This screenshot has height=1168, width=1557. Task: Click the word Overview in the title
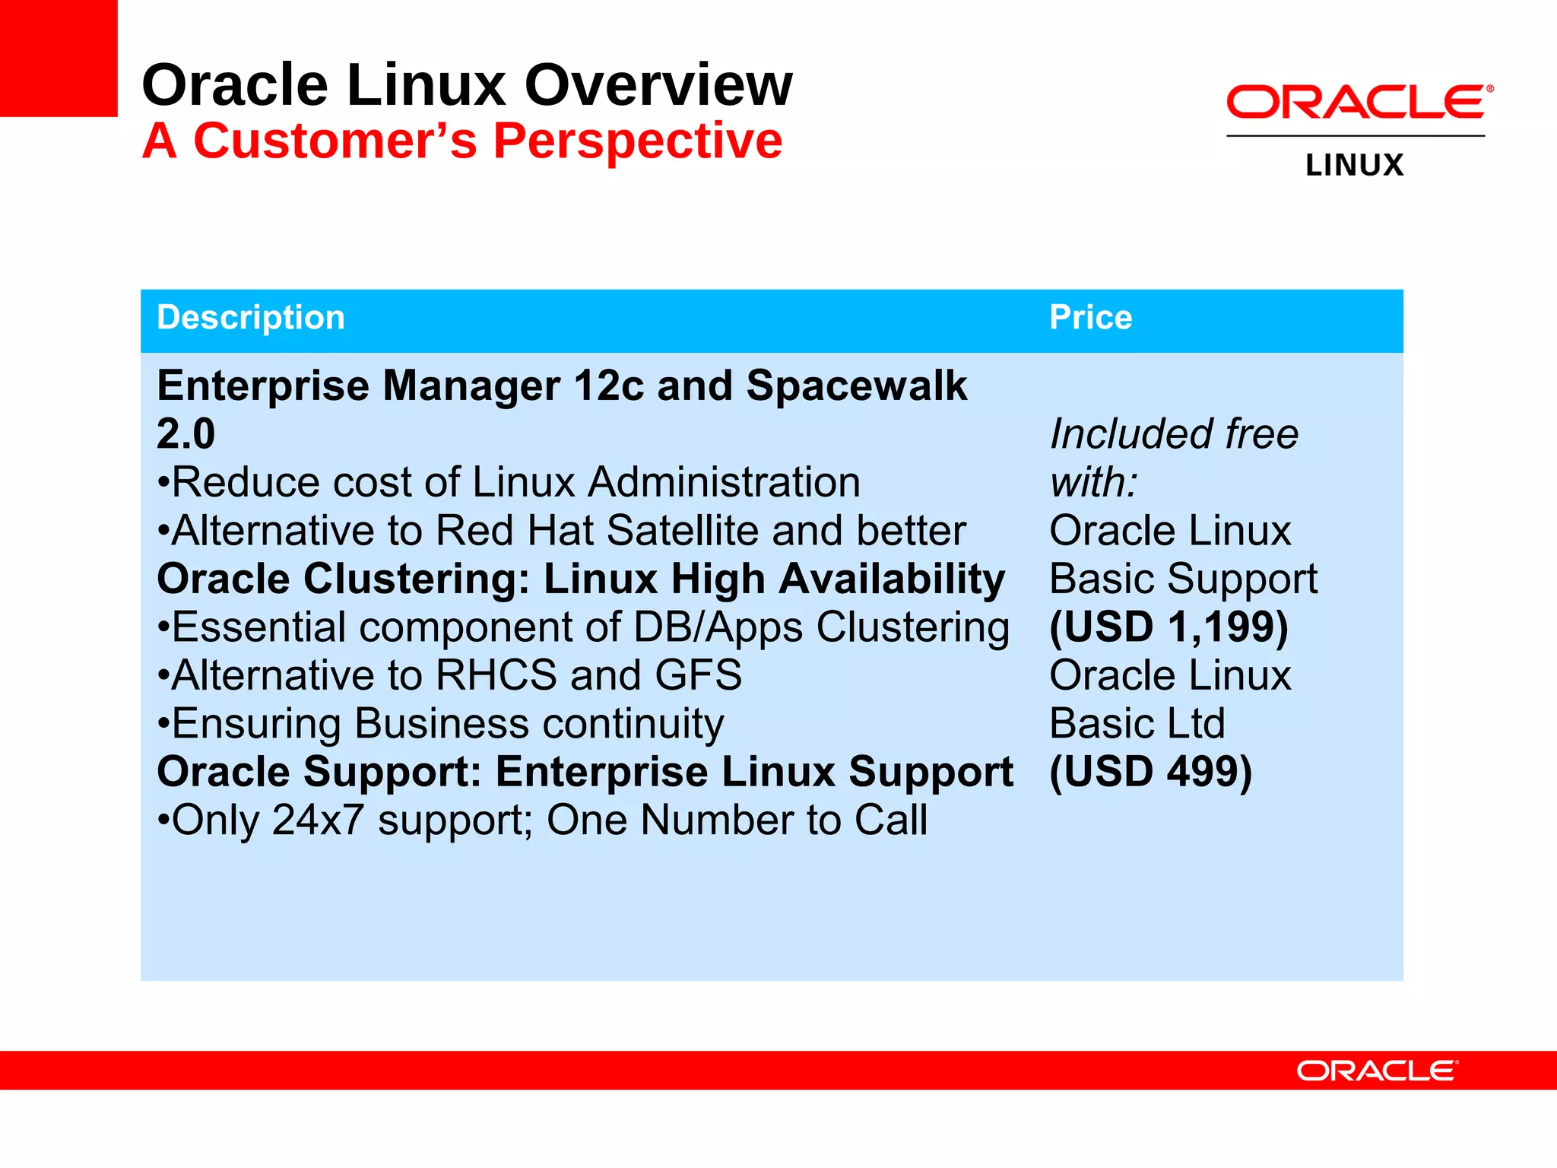point(658,85)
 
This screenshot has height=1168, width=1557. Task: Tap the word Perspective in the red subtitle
point(637,141)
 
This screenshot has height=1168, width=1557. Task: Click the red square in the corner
point(58,58)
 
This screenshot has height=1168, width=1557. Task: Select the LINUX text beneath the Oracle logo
point(1354,166)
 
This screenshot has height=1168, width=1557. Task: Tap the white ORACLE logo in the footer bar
point(1377,1071)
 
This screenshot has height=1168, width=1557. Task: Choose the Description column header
point(251,318)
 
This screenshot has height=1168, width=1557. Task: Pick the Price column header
point(1090,318)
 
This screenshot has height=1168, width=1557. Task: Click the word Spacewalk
point(856,386)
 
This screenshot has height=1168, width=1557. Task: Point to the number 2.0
point(186,434)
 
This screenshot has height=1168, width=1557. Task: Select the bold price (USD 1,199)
point(1169,627)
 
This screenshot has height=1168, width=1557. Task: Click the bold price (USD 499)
point(1150,772)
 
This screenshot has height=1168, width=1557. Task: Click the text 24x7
point(318,820)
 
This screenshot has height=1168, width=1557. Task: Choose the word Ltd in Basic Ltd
point(1196,724)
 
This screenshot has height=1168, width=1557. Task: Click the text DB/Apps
point(718,628)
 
